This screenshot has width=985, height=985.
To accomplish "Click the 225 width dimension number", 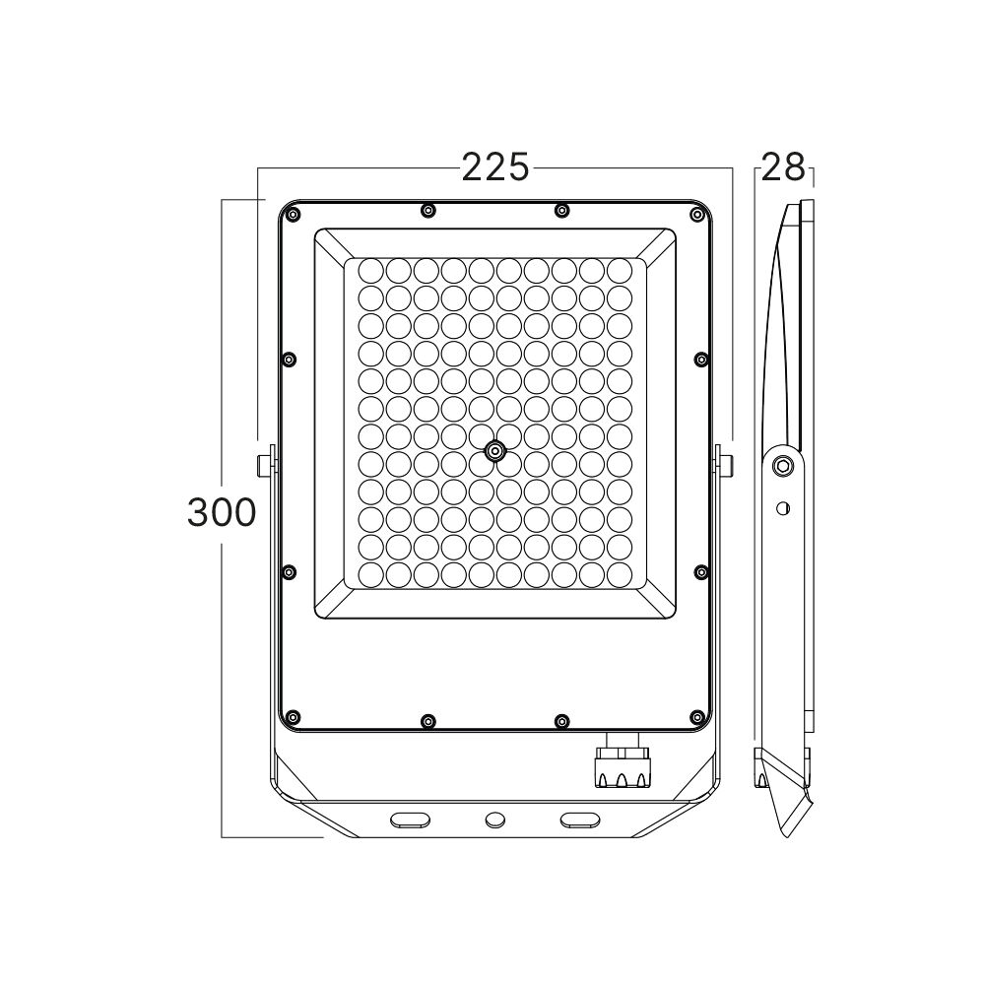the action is click(495, 167).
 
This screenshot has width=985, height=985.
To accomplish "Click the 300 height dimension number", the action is click(222, 512).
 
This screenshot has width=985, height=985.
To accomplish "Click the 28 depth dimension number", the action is click(783, 167).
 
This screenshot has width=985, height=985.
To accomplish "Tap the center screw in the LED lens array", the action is click(495, 450).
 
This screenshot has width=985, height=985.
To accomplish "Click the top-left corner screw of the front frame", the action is click(293, 216).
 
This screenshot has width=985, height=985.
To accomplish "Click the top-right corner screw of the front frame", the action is click(696, 216).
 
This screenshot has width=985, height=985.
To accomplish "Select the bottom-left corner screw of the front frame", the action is click(293, 717).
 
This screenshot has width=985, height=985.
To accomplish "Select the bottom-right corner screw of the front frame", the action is click(696, 717).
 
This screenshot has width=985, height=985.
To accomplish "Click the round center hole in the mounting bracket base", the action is click(495, 820).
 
